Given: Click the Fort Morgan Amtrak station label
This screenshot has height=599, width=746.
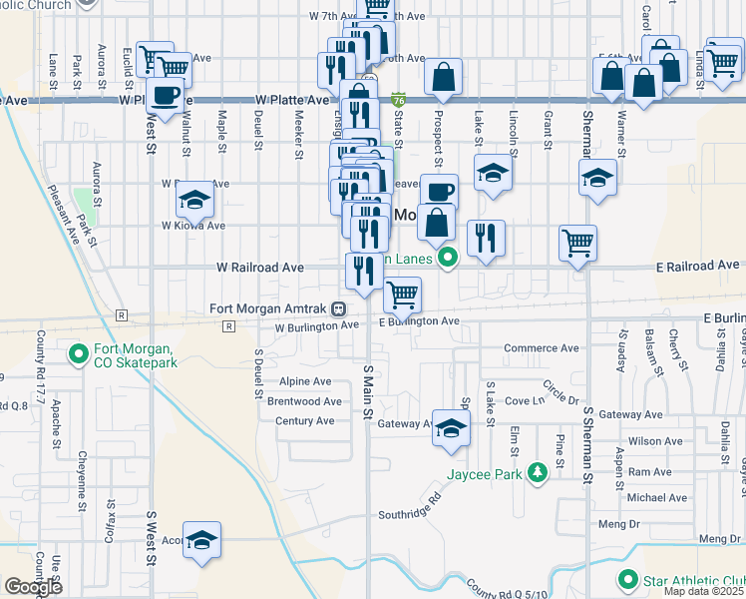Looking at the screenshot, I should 269,308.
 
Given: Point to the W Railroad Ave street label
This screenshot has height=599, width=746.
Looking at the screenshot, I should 261,269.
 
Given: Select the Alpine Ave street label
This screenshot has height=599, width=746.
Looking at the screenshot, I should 305,382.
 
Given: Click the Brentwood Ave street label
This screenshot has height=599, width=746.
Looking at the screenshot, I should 304,401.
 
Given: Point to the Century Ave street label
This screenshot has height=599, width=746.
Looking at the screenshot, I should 305,421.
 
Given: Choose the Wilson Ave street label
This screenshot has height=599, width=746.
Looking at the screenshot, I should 655,440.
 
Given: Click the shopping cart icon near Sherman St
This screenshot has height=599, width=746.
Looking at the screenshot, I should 577,242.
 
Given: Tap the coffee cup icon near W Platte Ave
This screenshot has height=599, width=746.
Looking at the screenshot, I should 166,96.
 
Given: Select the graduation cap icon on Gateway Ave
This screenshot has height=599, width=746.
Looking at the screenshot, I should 451,427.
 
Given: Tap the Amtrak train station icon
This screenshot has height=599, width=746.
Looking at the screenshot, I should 340,308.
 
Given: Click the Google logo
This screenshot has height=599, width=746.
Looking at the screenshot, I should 33,587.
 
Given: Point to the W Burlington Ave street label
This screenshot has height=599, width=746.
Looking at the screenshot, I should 316,326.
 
